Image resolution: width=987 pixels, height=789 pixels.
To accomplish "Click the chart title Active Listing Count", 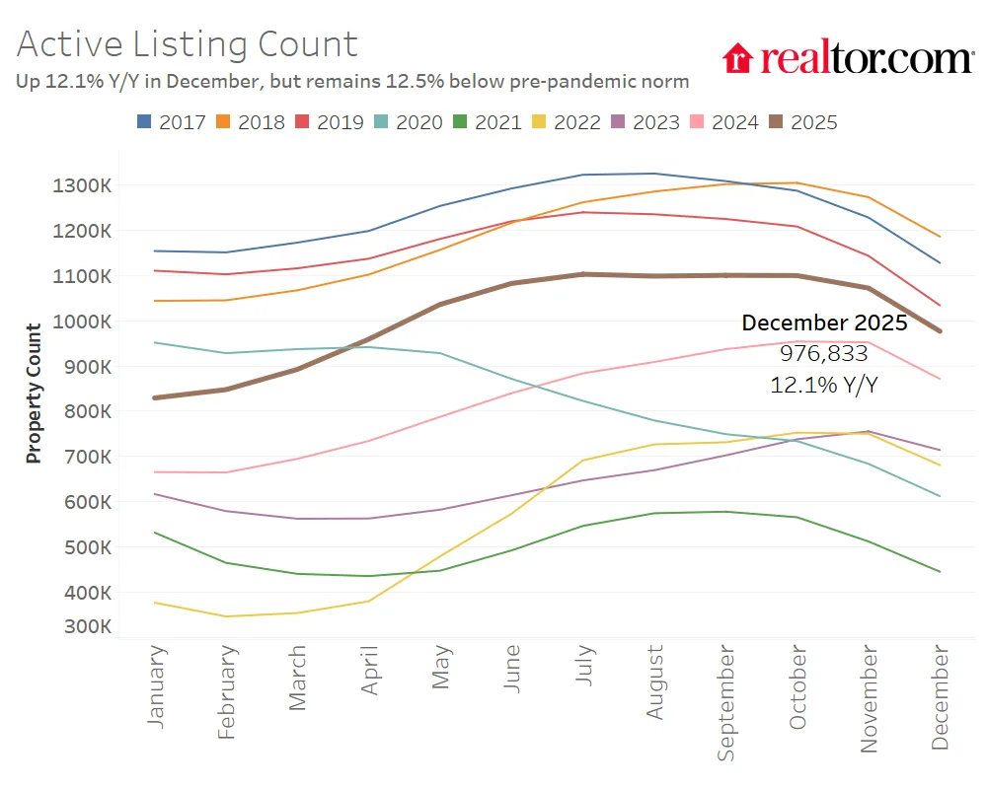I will coord(187,44).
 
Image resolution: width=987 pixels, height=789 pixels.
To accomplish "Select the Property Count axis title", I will coord(34,394).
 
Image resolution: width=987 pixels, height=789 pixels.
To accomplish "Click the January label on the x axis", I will coord(156,687).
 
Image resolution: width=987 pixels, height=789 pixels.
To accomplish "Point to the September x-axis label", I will coord(727,702).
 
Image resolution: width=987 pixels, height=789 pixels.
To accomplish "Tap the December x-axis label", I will coord(941,697).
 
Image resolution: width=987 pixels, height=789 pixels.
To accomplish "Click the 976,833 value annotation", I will coord(823,353).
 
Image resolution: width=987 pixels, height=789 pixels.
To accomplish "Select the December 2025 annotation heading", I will coord(823,323).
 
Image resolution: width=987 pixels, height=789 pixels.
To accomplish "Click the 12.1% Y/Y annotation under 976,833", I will coord(823,385).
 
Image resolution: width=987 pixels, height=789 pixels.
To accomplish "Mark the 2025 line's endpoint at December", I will coord(940,331).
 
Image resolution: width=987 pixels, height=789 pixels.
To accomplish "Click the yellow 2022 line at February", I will coord(227,616).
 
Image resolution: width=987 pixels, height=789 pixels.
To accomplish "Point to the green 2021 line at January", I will coord(156,533).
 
